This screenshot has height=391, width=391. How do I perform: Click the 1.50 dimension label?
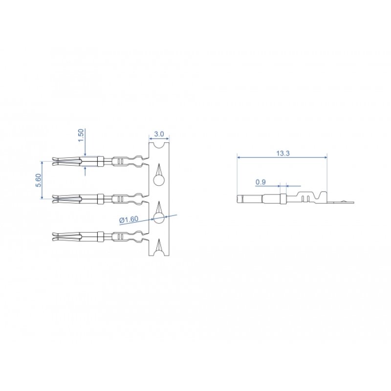pos(82,135)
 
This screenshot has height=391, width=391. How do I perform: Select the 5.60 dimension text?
pos(39,179)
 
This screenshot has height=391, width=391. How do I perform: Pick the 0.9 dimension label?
pos(261,182)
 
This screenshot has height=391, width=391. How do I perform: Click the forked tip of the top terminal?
pos(58,160)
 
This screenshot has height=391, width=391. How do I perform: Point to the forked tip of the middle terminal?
pos(58,198)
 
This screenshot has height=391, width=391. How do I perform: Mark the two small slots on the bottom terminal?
pos(120,238)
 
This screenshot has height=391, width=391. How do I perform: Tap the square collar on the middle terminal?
pos(100,198)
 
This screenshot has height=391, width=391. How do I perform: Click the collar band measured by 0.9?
pos(282,198)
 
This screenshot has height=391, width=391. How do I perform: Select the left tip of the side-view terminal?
pos(239,198)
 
